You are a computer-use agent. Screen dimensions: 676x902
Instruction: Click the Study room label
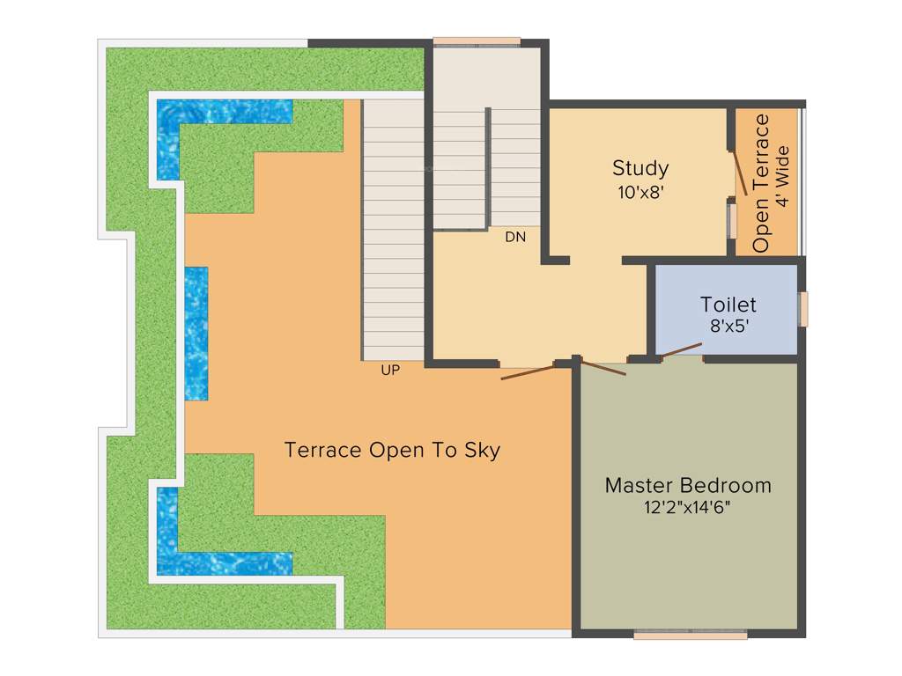tap(640, 167)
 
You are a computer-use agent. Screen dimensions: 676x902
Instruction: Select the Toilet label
tap(728, 305)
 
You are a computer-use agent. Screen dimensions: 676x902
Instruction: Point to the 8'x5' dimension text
tap(728, 327)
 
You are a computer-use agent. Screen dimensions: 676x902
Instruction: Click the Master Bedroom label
tap(687, 485)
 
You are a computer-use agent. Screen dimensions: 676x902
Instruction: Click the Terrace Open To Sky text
tap(392, 450)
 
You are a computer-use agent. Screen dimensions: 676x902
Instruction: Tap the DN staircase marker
tap(515, 237)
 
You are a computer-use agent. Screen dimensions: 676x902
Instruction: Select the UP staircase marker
tap(390, 371)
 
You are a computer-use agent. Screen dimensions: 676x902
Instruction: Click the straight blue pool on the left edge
tap(196, 333)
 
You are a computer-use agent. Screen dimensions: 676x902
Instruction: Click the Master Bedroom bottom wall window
tap(690, 634)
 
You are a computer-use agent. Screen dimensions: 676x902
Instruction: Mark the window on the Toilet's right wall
tap(802, 310)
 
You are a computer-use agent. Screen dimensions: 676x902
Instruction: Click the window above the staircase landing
tap(477, 40)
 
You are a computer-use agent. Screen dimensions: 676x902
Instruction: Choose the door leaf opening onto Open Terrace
tap(743, 173)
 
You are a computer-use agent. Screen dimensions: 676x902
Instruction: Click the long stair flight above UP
tap(394, 229)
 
